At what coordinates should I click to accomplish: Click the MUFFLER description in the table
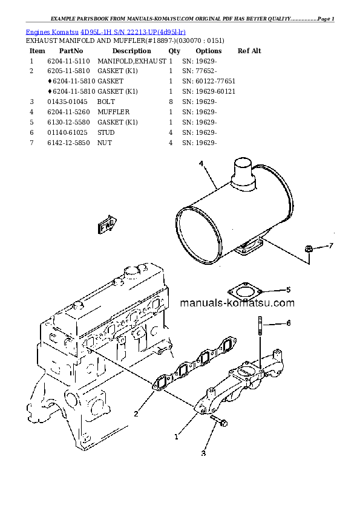[x=113, y=112]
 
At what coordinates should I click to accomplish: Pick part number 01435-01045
[x=67, y=102]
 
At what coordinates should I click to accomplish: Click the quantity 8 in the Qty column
[x=171, y=102]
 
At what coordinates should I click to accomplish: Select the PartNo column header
[x=71, y=51]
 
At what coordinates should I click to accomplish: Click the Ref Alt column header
[x=249, y=51]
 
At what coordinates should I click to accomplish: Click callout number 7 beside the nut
[x=331, y=245]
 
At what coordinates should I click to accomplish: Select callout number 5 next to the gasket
[x=289, y=290]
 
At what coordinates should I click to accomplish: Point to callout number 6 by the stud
[x=289, y=323]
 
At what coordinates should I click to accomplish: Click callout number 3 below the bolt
[x=203, y=453]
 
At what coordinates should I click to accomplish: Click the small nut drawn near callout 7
[x=309, y=248]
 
